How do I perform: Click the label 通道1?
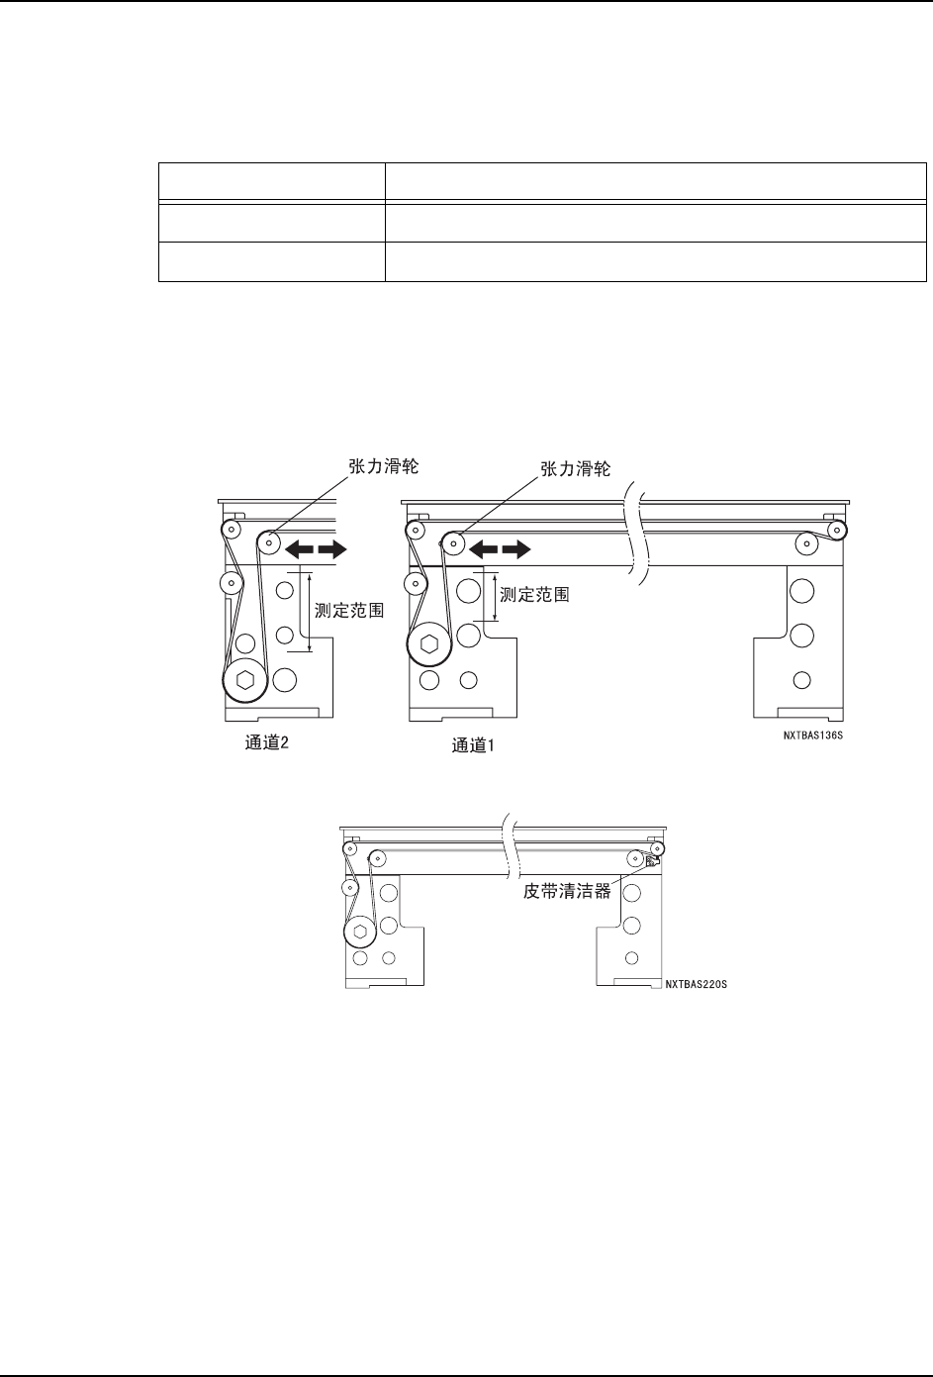[474, 745]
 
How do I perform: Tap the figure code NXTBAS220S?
[697, 986]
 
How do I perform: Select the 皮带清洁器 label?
[567, 891]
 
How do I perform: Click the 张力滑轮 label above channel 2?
[383, 466]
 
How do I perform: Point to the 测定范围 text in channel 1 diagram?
[535, 596]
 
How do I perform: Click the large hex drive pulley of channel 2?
[244, 681]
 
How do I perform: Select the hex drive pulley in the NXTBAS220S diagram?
[360, 933]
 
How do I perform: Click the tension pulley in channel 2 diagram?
[267, 541]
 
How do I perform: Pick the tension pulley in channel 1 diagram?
[452, 541]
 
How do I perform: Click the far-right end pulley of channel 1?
[837, 530]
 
